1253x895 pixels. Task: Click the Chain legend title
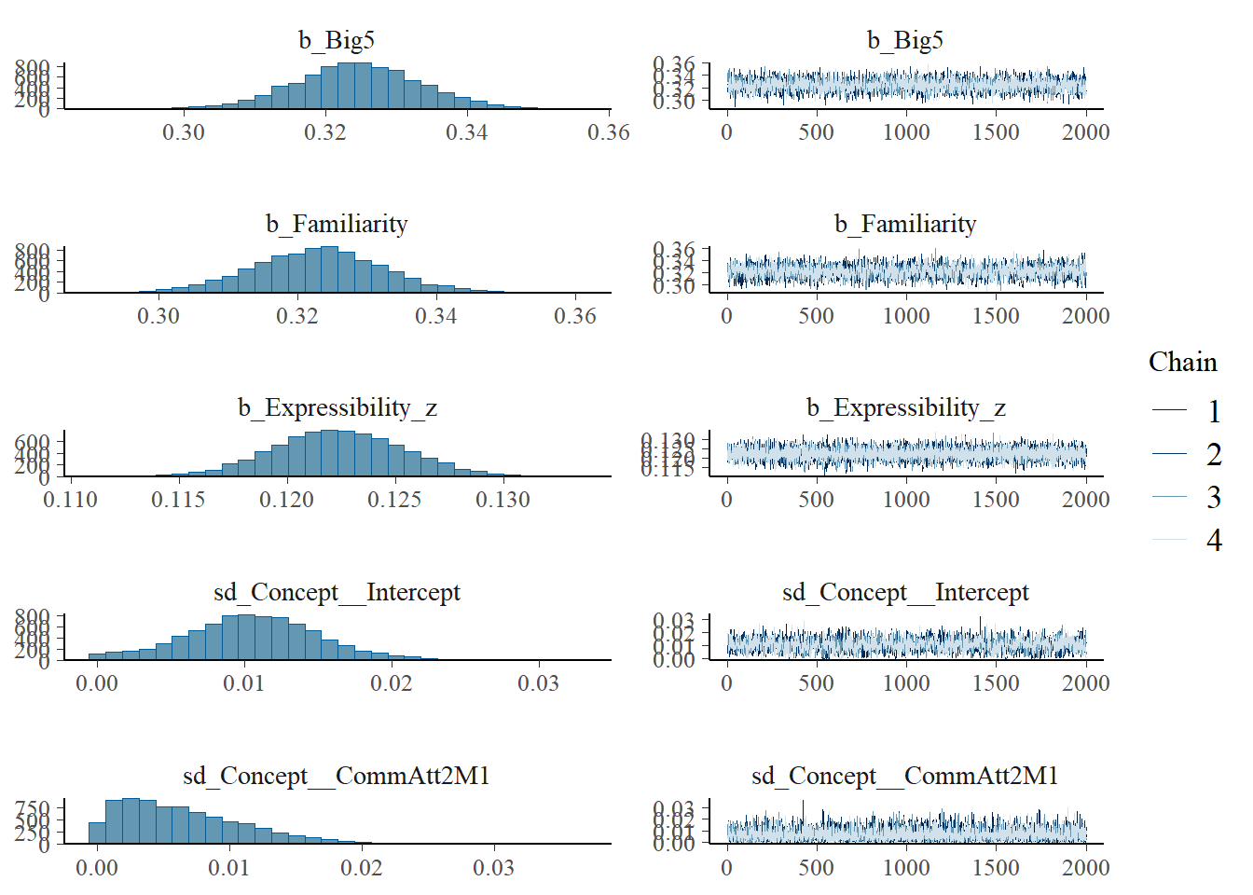(x=1182, y=363)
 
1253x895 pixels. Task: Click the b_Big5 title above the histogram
(x=337, y=40)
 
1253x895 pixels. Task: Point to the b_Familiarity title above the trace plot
(x=905, y=224)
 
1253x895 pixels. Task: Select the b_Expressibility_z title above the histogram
(x=337, y=408)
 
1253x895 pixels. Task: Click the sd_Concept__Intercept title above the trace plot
(x=905, y=592)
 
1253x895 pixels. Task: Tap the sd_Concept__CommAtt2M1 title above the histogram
(x=337, y=776)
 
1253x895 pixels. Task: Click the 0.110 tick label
(x=70, y=500)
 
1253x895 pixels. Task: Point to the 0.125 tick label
(x=394, y=500)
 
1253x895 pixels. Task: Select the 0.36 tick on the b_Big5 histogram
(x=608, y=132)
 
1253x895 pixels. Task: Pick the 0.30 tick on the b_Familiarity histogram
(x=158, y=316)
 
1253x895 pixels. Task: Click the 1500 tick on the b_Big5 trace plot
(x=996, y=132)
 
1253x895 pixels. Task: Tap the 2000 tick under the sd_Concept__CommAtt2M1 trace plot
(x=1085, y=868)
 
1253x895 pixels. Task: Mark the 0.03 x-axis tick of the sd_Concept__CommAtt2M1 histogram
(x=493, y=868)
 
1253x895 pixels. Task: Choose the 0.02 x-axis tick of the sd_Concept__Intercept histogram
(x=391, y=683)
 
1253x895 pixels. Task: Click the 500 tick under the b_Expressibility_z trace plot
(x=816, y=500)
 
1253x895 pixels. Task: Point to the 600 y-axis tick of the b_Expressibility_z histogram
(x=33, y=442)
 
